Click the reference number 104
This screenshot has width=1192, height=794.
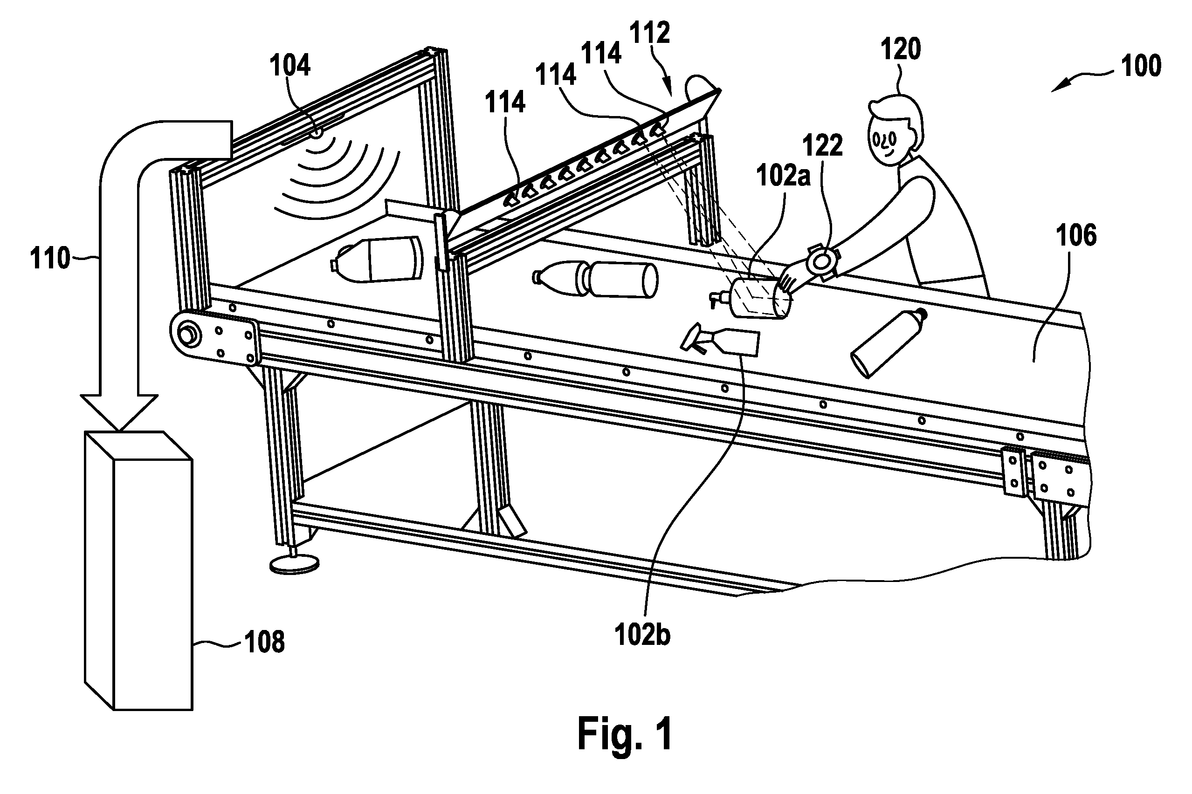pyautogui.click(x=290, y=66)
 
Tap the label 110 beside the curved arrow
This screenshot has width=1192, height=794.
pyautogui.click(x=49, y=259)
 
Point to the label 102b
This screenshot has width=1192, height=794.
pyautogui.click(x=642, y=634)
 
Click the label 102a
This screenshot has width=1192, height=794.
pyautogui.click(x=783, y=176)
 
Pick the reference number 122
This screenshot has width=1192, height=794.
pyautogui.click(x=823, y=145)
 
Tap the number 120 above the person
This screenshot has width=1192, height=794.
pyautogui.click(x=900, y=49)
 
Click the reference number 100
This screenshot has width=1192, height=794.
pyautogui.click(x=1141, y=66)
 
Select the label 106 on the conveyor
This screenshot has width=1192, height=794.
pyautogui.click(x=1076, y=236)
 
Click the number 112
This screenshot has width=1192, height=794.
pyautogui.click(x=650, y=33)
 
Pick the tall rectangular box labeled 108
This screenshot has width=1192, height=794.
pyautogui.click(x=138, y=571)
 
